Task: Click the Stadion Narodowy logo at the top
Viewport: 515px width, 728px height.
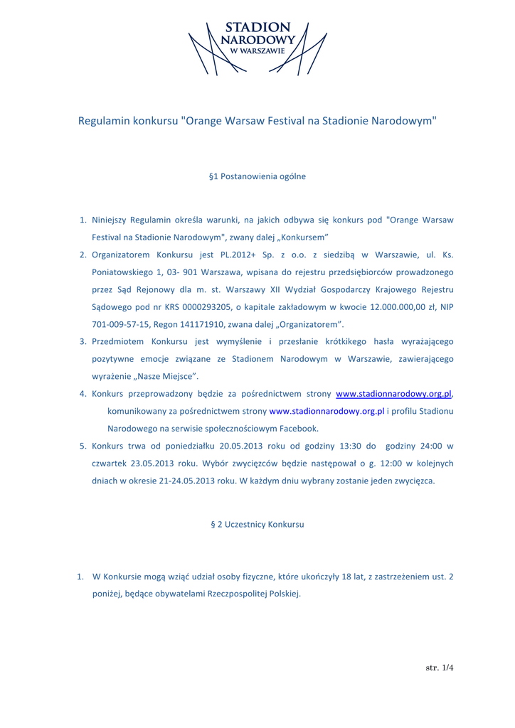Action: pos(257,47)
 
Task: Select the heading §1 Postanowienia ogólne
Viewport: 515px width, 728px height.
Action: pos(257,176)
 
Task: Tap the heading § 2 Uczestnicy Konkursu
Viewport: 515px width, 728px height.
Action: pos(257,524)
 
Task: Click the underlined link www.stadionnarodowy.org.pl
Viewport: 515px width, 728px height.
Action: pos(393,393)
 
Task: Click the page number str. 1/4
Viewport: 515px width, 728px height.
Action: pos(439,668)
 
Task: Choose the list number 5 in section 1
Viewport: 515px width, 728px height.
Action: pos(83,446)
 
